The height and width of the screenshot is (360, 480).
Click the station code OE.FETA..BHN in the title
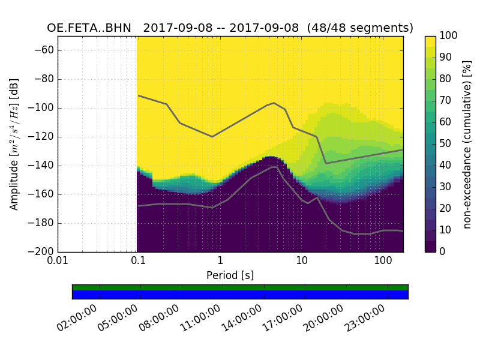point(89,28)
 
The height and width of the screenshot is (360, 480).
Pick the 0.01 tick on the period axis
point(58,261)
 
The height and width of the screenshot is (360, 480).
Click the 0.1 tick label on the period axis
point(139,261)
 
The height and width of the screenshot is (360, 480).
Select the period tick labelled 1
point(220,261)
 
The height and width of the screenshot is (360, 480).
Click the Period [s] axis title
point(230,275)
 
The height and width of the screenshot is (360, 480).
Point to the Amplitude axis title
point(14,144)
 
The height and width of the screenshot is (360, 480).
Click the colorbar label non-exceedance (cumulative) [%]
point(467,144)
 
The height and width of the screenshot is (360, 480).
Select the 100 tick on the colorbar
point(449,36)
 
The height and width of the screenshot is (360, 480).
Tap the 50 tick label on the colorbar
point(446,143)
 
